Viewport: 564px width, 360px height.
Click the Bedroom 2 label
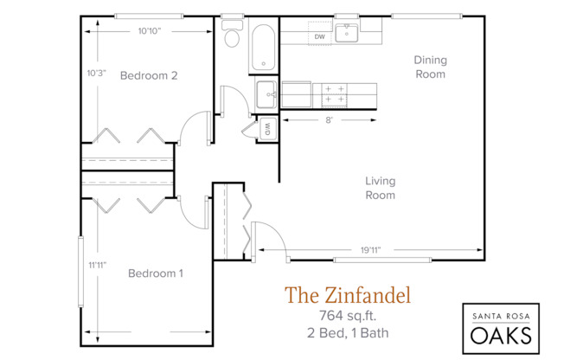pos(148,75)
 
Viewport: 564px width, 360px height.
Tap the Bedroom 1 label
pos(156,274)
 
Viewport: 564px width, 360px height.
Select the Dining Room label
pos(429,67)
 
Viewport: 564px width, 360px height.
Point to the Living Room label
pos(380,188)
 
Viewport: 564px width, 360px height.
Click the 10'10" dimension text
pos(149,30)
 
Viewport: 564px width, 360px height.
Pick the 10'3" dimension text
pos(96,73)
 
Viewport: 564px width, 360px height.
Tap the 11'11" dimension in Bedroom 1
pos(96,265)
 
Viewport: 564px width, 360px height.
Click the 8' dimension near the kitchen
pos(329,121)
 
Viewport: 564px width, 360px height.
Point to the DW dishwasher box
pos(320,36)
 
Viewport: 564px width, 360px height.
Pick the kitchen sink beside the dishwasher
pos(349,33)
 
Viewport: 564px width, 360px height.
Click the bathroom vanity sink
pos(266,93)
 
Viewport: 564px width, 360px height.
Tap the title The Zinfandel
pos(348,295)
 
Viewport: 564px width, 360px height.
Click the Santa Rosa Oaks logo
pos(500,325)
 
